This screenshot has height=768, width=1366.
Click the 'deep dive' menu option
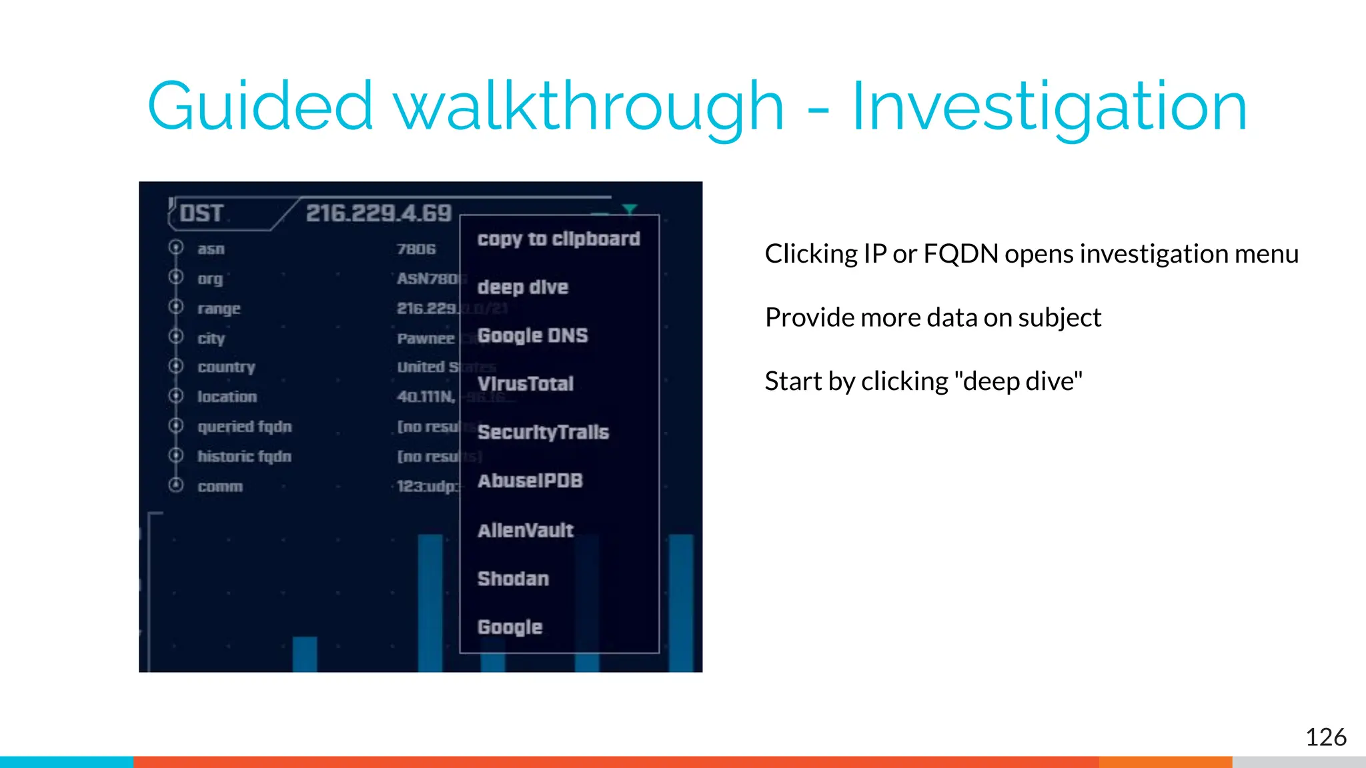[x=523, y=287]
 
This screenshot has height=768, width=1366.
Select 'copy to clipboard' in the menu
[x=558, y=239]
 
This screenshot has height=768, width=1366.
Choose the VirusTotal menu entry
[x=526, y=384]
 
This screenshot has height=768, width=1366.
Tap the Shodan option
[x=513, y=579]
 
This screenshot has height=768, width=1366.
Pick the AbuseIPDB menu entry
[x=530, y=481]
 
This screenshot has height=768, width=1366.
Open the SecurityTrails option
[x=543, y=433]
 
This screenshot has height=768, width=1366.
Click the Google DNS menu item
[x=533, y=335]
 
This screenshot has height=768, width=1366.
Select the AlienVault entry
[x=526, y=531]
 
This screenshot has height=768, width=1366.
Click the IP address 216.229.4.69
[x=379, y=213]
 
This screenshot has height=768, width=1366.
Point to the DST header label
[x=201, y=213]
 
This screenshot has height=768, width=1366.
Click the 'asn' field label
[x=211, y=249]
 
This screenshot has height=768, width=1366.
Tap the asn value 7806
[x=416, y=249]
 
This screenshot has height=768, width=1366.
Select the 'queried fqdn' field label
[x=245, y=427]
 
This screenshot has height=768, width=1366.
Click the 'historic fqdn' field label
[x=244, y=457]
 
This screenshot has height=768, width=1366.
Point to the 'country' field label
[x=226, y=367]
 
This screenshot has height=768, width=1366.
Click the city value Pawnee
[x=426, y=339]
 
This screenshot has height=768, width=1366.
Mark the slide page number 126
[x=1325, y=737]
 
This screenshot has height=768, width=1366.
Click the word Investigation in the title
[x=1049, y=107]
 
